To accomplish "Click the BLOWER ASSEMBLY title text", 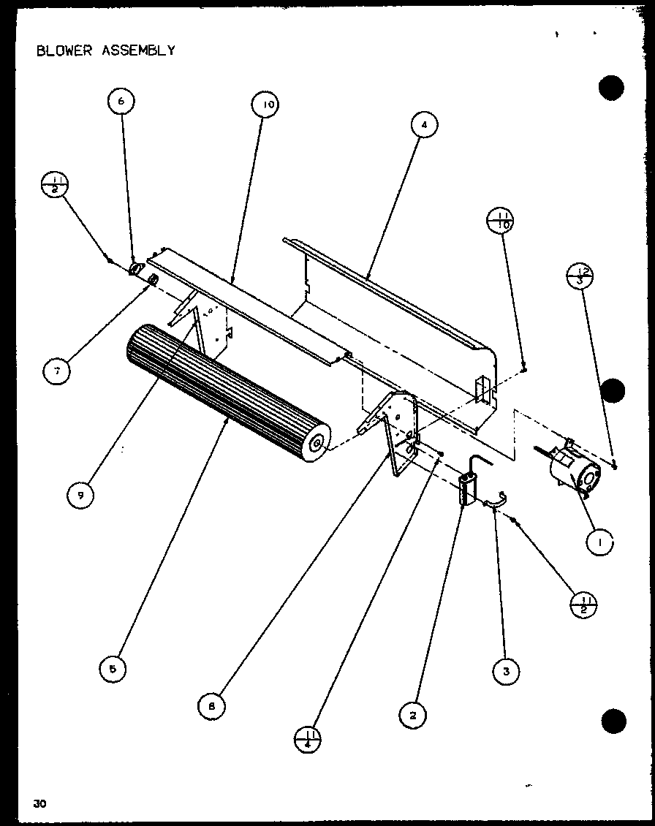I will [105, 50].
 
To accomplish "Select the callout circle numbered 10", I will [268, 105].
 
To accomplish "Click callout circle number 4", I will [423, 125].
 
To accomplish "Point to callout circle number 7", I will [56, 371].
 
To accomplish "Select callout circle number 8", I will [212, 705].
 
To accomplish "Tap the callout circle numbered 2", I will [412, 716].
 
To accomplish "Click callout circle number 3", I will [506, 670].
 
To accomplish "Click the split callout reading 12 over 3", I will [580, 276].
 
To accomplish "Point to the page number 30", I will [39, 803].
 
